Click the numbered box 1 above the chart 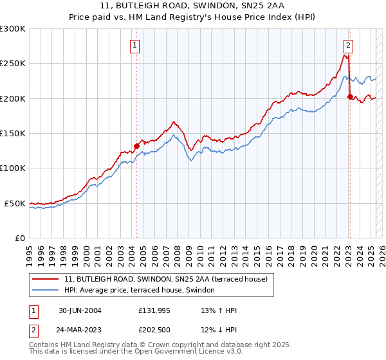(135, 45)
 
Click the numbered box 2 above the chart (348, 45)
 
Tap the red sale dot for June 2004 (136, 146)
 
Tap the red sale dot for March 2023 (350, 96)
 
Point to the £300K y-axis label (13, 29)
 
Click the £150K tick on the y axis (13, 133)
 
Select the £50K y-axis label (15, 203)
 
